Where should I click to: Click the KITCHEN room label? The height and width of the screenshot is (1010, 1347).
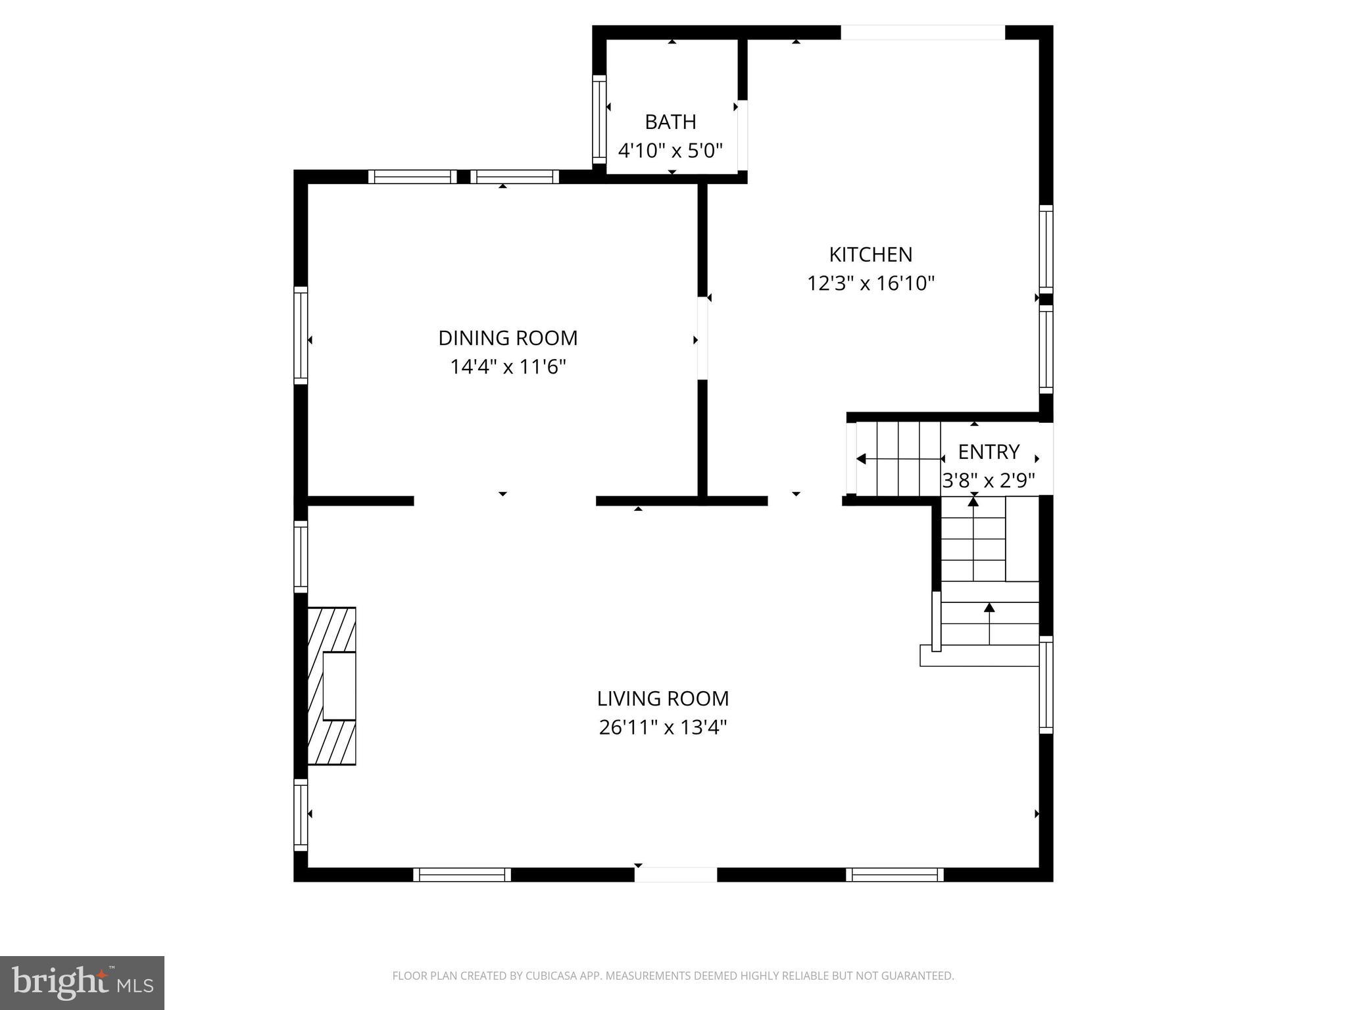tap(870, 254)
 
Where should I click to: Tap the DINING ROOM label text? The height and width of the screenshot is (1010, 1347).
tap(508, 338)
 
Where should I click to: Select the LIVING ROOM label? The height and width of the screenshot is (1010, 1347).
tap(663, 698)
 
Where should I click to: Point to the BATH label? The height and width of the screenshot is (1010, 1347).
tap(670, 122)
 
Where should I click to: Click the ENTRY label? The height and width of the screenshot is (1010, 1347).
tap(989, 452)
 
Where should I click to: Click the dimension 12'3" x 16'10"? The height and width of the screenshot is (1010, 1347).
tap(871, 283)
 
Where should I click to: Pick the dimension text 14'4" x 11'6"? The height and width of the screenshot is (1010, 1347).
tap(508, 367)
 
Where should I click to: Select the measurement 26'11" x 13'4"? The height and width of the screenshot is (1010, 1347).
tap(663, 728)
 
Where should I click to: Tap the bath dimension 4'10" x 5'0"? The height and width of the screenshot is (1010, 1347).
tap(670, 151)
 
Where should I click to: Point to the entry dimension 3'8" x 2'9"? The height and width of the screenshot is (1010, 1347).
tap(989, 481)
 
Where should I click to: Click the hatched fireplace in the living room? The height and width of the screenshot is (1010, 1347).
tap(332, 686)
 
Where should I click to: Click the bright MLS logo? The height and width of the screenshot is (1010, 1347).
tap(82, 983)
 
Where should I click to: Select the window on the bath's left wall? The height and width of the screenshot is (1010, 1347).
tap(599, 119)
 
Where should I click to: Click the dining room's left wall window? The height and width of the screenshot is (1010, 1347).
tap(301, 335)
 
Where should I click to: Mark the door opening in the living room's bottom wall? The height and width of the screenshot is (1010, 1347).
tap(675, 875)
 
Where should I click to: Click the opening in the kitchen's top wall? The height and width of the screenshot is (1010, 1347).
tap(923, 32)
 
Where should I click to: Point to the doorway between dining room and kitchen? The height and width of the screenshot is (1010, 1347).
tap(702, 338)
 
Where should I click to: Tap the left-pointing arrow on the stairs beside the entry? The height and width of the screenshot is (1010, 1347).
tap(861, 459)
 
